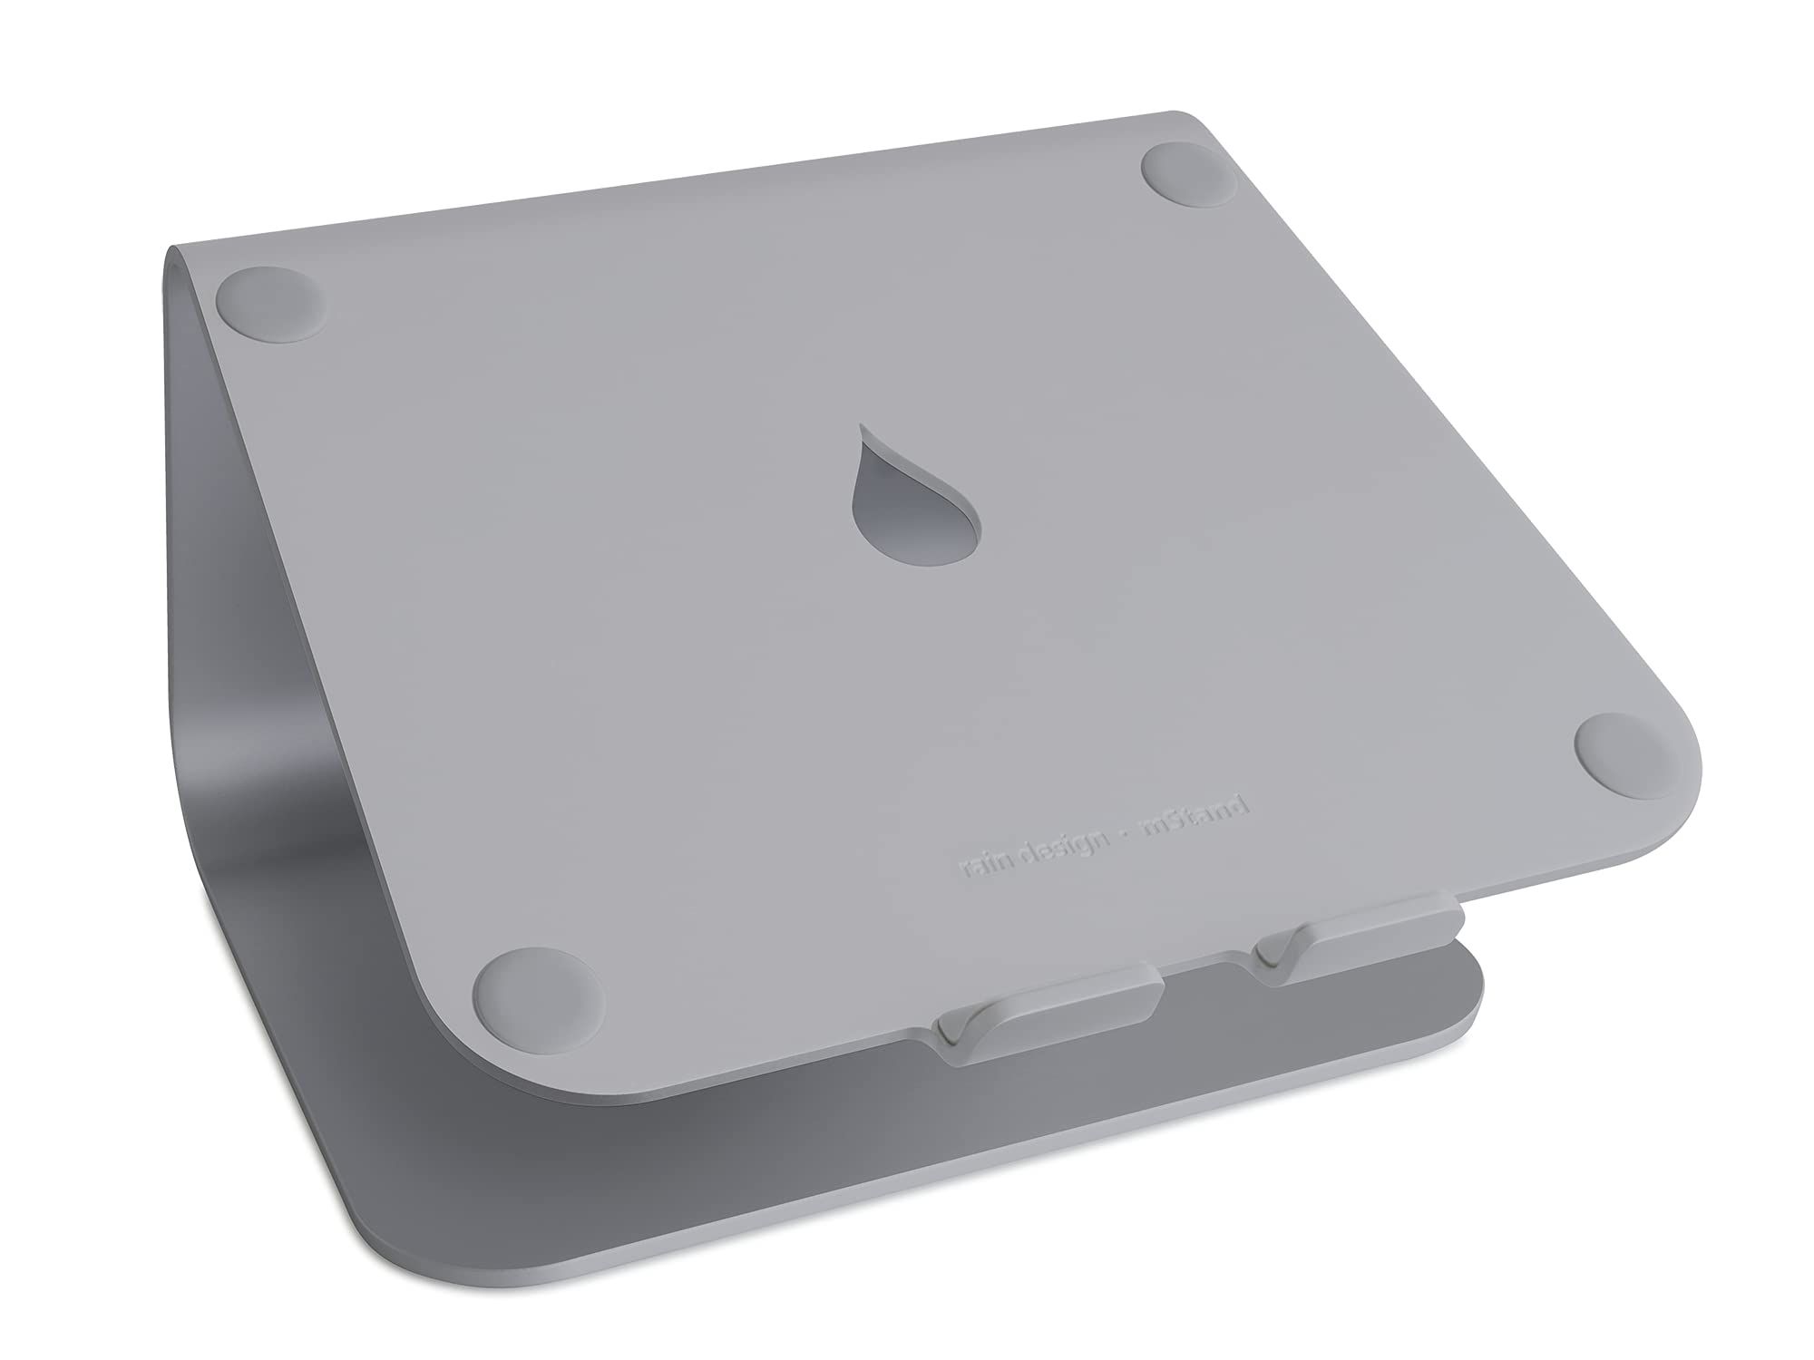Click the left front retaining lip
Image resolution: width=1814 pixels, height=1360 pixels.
click(1050, 1020)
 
